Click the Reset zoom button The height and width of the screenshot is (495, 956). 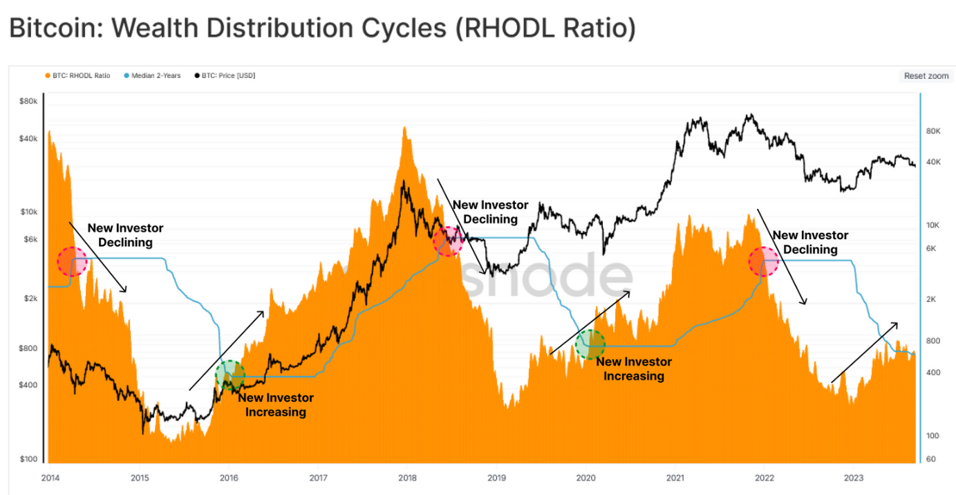[x=926, y=76]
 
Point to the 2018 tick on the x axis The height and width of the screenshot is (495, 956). [x=407, y=478]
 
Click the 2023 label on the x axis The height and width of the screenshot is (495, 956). [x=854, y=478]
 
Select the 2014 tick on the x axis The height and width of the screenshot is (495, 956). [x=50, y=478]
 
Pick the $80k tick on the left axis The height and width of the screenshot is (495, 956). [x=28, y=102]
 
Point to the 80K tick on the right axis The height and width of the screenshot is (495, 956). [x=935, y=131]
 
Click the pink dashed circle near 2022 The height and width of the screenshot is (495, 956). [x=764, y=261]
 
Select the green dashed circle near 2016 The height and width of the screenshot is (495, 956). [x=230, y=375]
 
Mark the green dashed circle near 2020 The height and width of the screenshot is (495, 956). [x=590, y=344]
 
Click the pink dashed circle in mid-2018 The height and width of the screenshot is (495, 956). [x=448, y=241]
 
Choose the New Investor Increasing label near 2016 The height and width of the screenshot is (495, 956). [x=275, y=405]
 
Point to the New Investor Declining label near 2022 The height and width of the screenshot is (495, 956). [x=810, y=243]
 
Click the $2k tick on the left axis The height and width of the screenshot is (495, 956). [x=29, y=299]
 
